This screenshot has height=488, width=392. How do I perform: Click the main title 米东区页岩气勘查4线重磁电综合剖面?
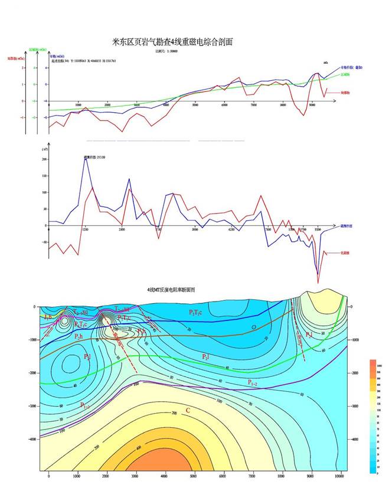[x=172, y=42]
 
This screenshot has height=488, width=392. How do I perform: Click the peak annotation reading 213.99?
[x=95, y=158]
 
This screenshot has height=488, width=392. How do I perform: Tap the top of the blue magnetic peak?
[x=85, y=158]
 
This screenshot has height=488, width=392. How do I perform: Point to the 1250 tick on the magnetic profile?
[x=85, y=229]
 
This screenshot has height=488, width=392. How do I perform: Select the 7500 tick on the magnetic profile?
[x=267, y=229]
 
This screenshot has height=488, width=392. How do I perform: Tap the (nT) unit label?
[x=45, y=150]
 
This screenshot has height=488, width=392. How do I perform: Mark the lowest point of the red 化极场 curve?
[x=319, y=283]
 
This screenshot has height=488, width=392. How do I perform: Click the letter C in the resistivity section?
[x=188, y=410]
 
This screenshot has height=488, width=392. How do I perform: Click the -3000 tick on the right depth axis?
[x=356, y=406]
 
